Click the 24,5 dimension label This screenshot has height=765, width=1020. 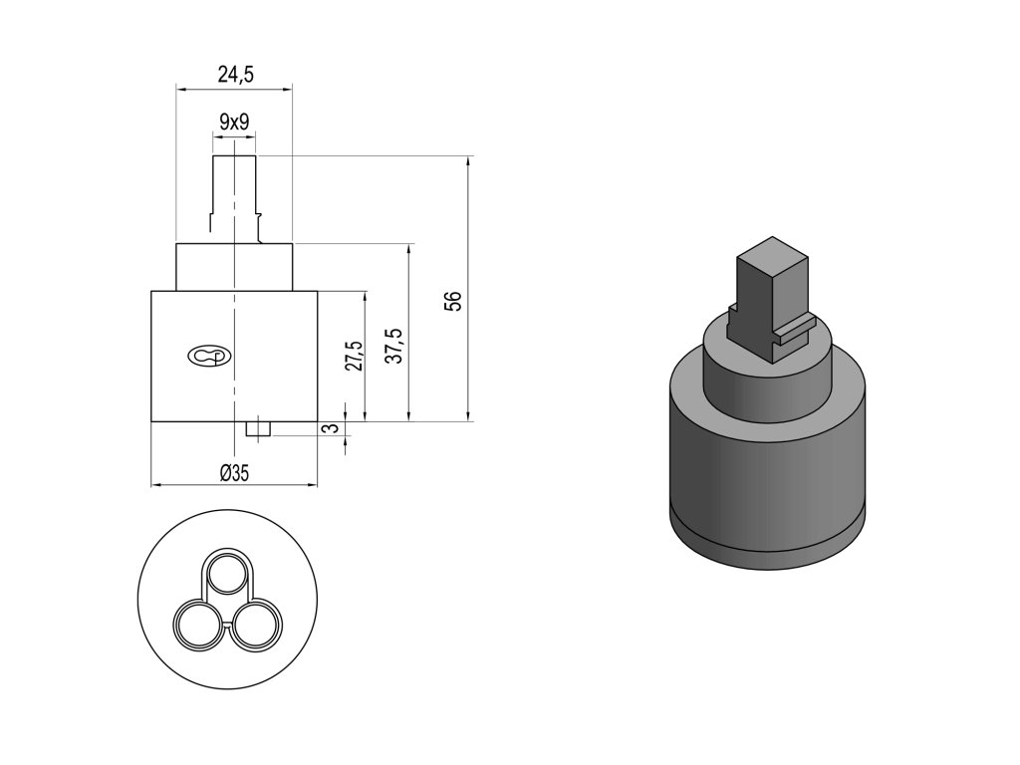235,75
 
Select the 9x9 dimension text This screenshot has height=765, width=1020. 234,122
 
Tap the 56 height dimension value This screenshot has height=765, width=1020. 454,301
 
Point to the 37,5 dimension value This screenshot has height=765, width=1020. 397,346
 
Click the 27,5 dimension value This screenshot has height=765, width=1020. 355,356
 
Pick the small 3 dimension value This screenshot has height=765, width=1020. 331,428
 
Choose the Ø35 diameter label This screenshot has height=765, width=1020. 234,472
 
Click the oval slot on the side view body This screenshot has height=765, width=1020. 208,357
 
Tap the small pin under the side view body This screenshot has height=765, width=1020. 258,429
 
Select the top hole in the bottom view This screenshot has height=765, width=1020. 227,573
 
